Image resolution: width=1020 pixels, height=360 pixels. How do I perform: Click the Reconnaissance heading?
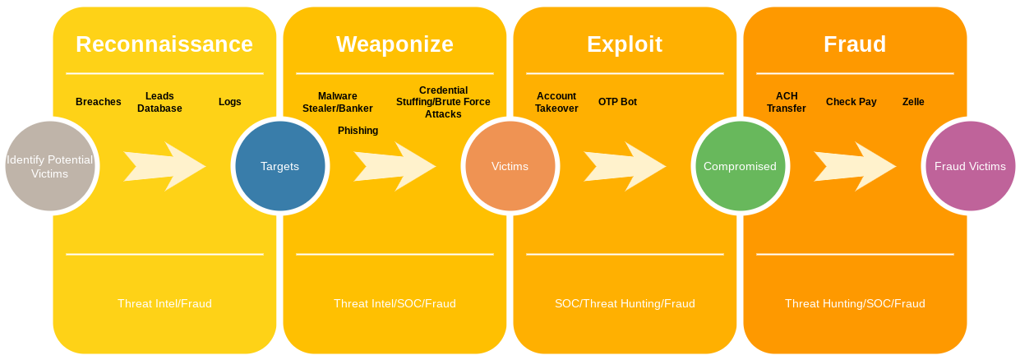(164, 44)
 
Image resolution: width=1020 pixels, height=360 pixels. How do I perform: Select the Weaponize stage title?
(395, 44)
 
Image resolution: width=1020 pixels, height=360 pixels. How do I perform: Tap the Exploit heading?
(625, 44)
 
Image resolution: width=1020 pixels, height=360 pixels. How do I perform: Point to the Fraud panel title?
(855, 44)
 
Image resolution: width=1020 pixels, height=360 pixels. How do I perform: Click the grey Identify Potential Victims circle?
(49, 166)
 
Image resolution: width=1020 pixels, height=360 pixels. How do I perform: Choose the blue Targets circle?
(279, 166)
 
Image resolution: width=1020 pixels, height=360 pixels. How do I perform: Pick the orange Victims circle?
(510, 166)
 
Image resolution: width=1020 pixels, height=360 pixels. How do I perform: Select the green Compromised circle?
(740, 166)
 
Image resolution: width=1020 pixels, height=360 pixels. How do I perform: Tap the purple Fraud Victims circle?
(970, 166)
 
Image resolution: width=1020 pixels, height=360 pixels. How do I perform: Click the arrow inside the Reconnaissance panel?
(164, 166)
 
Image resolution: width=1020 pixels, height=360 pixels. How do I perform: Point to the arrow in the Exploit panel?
(625, 166)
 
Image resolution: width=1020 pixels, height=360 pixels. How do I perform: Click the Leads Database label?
(159, 102)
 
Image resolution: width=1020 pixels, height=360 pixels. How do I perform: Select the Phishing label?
(358, 131)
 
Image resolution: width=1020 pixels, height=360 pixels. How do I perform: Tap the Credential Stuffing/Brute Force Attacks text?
(443, 102)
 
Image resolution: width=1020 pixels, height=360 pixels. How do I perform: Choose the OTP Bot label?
(617, 102)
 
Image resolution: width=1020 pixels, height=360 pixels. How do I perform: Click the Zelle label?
(913, 102)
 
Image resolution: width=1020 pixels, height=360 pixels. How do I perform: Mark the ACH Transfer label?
(787, 102)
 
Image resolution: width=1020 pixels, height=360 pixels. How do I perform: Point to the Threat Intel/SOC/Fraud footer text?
(395, 303)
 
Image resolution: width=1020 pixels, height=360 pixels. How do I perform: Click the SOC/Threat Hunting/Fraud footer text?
(625, 303)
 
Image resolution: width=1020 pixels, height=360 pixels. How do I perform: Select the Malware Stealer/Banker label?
(338, 102)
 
